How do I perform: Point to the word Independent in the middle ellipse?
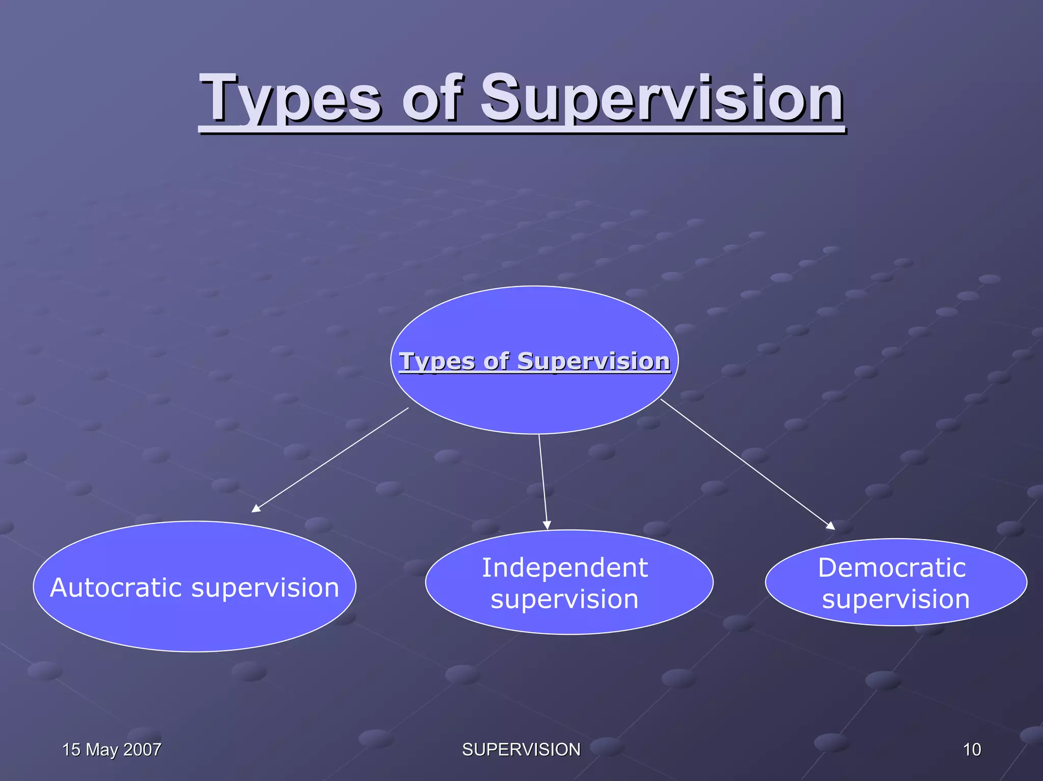[565, 568]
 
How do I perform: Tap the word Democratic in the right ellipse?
[892, 568]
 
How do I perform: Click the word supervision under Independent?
[564, 599]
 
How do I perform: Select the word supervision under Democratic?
[895, 599]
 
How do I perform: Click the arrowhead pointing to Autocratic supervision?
[256, 509]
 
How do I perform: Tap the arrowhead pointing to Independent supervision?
[547, 525]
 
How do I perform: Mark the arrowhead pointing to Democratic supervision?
[831, 526]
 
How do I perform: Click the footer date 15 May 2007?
[112, 749]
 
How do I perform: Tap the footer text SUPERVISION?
[521, 749]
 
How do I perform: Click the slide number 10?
[972, 749]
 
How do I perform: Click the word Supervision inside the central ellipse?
[593, 361]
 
